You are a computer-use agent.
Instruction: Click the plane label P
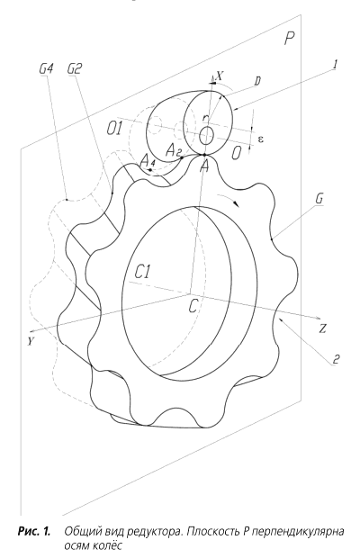289,38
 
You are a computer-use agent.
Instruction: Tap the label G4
46,68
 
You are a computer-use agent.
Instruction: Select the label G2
75,68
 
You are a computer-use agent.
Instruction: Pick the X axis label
220,76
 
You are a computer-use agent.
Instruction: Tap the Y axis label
31,342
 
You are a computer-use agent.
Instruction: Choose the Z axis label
322,328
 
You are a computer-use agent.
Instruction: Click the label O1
114,129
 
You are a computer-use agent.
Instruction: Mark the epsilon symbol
260,139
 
